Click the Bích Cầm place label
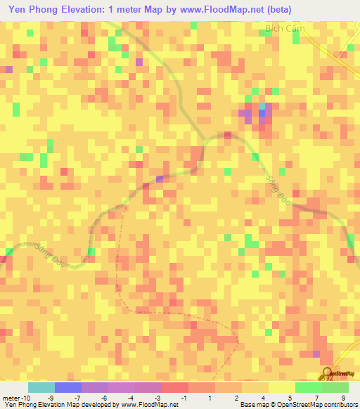282,29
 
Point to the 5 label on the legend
291,398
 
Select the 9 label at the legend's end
343,398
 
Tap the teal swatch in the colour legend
41,387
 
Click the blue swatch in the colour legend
67,387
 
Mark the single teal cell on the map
262,105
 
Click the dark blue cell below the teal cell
262,112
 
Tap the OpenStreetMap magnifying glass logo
328,372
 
